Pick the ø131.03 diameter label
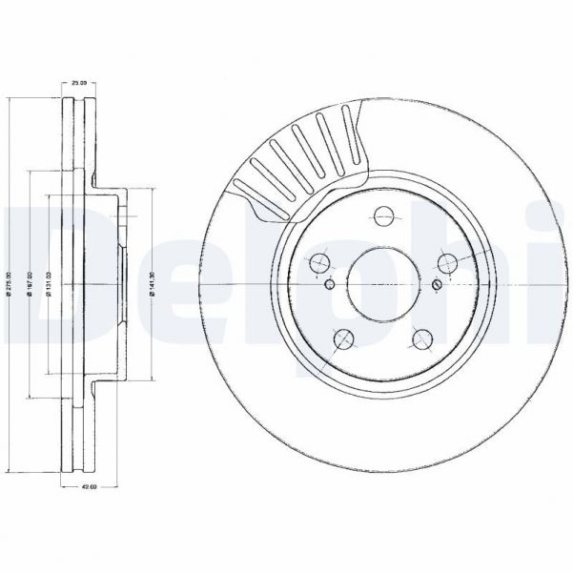(x=49, y=283)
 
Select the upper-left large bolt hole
(x=318, y=263)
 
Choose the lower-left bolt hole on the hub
(x=341, y=338)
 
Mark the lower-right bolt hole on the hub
(x=422, y=338)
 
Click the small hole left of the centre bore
(x=329, y=284)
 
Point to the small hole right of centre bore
(x=437, y=284)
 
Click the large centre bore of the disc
(x=382, y=284)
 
